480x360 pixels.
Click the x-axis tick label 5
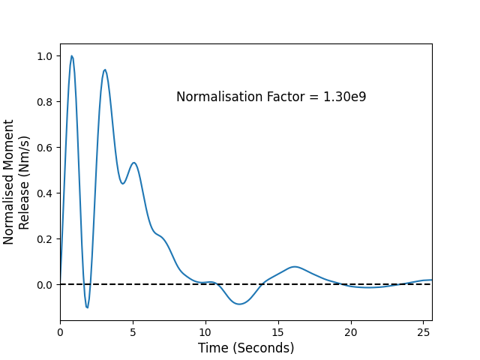[x=133, y=332]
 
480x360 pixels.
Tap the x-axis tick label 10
[x=205, y=332]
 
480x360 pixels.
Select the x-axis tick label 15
[x=278, y=332]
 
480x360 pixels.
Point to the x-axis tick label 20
[x=351, y=332]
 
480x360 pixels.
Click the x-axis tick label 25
[x=423, y=332]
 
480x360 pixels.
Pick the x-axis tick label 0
[x=60, y=332]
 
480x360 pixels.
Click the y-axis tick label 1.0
[x=45, y=56]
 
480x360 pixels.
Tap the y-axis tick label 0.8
[x=45, y=102]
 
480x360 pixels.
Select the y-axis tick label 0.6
[x=45, y=148]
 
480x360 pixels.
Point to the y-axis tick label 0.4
[x=45, y=193]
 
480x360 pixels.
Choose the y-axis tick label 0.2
[x=45, y=238]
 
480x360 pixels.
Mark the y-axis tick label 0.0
[x=45, y=285]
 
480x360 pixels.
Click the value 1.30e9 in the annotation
[x=345, y=97]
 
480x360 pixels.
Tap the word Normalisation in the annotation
[x=220, y=97]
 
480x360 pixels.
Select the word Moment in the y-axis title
[x=8, y=139]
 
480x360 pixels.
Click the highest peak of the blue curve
[x=72, y=56]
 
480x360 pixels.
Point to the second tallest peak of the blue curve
[x=105, y=70]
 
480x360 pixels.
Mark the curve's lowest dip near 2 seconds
[x=87, y=307]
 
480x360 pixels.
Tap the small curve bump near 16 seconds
[x=295, y=267]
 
